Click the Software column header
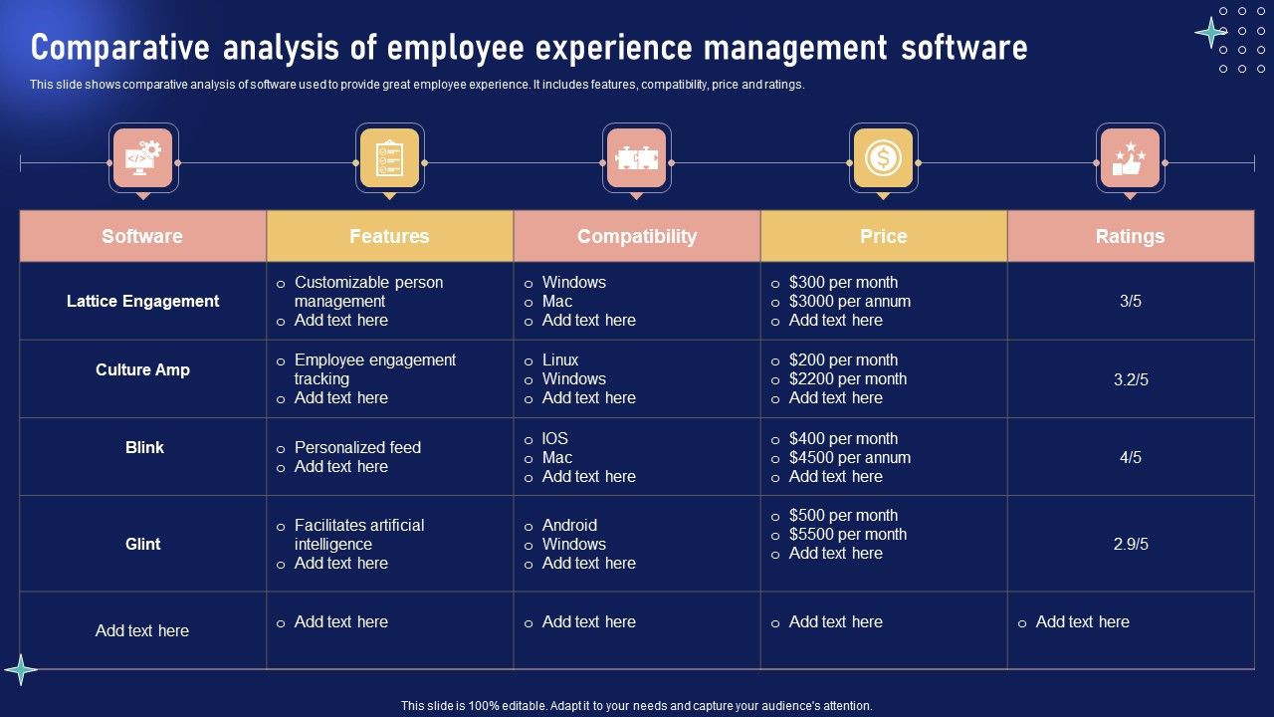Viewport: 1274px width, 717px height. pos(142,236)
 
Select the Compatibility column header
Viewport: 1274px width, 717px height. pos(637,236)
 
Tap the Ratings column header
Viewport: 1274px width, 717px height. pos(1130,236)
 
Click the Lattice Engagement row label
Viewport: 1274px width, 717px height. pos(142,301)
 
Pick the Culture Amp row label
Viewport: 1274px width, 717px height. pos(142,369)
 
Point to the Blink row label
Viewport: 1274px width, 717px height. pos(144,447)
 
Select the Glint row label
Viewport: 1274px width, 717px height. pos(142,544)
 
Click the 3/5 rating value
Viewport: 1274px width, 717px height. pos(1130,301)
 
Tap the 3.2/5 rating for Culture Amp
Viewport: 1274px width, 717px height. pos(1131,379)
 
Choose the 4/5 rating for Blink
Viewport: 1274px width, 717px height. pos(1130,458)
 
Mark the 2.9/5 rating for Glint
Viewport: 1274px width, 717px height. pos(1131,544)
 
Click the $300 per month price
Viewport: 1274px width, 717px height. pos(843,282)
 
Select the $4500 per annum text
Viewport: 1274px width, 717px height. pos(849,458)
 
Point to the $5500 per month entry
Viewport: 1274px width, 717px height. pos(847,534)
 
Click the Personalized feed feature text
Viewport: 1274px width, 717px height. pos(357,447)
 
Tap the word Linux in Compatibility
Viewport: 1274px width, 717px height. pos(560,359)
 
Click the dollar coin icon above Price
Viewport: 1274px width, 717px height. pos(883,158)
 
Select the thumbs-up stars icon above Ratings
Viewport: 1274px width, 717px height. pos(1130,158)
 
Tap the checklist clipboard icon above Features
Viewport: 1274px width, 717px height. pos(389,158)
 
